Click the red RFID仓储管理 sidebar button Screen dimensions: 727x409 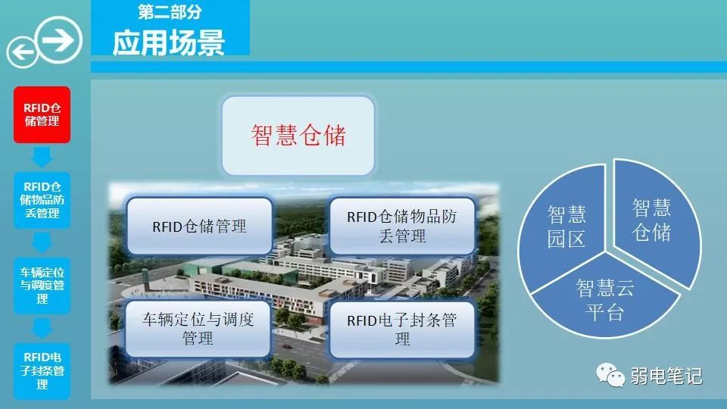[42, 114]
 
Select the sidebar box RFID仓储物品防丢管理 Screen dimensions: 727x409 [42, 200]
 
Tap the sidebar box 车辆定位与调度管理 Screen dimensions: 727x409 [42, 286]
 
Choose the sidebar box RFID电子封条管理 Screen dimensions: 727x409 [42, 371]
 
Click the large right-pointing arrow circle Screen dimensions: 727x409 [59, 39]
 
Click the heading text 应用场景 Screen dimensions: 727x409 [169, 42]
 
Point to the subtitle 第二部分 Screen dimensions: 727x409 [170, 12]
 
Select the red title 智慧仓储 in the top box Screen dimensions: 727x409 [298, 136]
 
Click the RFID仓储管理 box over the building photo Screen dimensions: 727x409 [199, 226]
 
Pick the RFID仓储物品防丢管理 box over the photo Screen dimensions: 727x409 [402, 226]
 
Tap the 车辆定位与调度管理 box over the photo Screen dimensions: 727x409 [198, 329]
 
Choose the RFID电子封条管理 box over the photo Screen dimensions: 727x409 [402, 329]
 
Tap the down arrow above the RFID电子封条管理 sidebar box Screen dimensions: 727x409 [42, 328]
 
